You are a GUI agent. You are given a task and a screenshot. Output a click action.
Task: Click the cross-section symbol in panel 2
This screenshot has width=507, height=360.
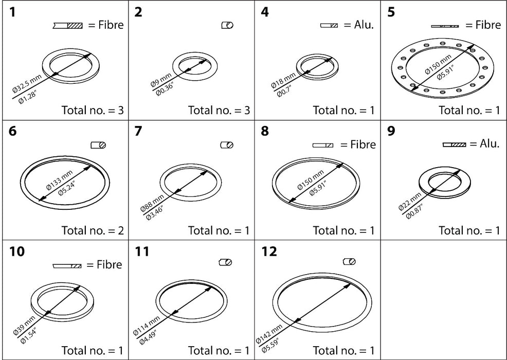tap(227, 25)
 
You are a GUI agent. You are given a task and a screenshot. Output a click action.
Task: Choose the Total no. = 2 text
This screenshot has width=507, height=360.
tap(93, 230)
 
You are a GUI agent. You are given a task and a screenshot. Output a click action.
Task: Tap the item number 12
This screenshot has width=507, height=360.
tap(269, 252)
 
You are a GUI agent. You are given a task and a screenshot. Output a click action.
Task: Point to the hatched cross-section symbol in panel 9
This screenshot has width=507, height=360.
tap(454, 146)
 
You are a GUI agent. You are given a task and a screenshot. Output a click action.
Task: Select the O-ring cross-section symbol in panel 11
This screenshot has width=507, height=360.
tap(225, 262)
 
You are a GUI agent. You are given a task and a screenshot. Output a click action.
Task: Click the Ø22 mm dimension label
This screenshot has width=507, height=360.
tap(409, 201)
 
